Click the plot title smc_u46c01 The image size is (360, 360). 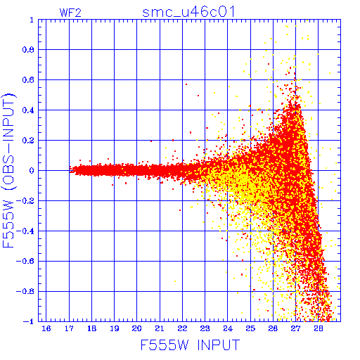tap(188, 12)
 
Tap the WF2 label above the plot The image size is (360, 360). tap(70, 13)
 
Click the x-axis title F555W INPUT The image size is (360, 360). tap(190, 345)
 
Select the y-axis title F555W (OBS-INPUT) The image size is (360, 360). tap(9, 170)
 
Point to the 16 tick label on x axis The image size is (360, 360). tap(46, 328)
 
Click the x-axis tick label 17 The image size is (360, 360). tap(69, 328)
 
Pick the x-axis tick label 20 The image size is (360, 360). tap(137, 328)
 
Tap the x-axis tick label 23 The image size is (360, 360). tap(205, 328)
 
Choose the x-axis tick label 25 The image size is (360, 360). tap(250, 328)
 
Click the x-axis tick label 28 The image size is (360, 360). tap(319, 328)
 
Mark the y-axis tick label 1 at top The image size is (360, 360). tap(32, 20)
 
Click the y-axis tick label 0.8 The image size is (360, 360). tap(28, 50)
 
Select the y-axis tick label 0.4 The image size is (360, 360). tap(28, 110)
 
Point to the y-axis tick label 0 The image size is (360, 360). tap(32, 170)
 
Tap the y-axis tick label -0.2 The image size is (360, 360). tap(25, 201)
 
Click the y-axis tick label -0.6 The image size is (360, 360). tap(25, 261)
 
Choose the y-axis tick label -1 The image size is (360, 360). tap(29, 321)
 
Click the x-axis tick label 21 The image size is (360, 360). tap(160, 328)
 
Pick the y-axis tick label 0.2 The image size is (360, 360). tap(28, 141)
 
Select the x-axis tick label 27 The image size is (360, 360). tap(296, 328)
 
